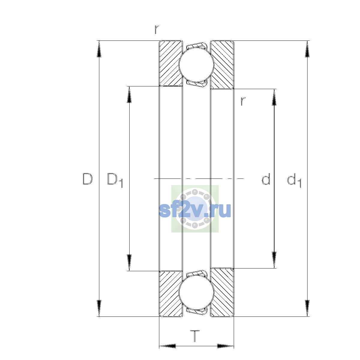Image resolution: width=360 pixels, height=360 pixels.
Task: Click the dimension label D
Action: point(88,179)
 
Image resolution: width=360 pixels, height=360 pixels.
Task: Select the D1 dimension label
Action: point(115,180)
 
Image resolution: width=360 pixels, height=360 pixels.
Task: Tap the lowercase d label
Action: point(266,179)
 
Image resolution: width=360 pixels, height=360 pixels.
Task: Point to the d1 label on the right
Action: point(294,180)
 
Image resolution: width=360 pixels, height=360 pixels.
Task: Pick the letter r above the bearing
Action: point(157,29)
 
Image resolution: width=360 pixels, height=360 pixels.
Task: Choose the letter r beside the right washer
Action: point(243,101)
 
